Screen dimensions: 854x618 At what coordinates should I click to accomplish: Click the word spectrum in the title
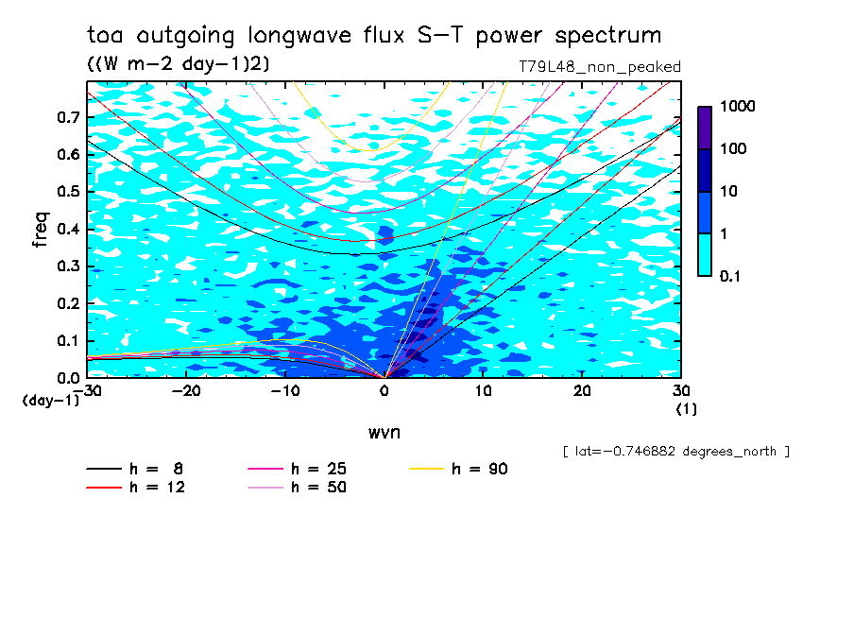tap(607, 36)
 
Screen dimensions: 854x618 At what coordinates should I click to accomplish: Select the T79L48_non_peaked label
tap(600, 67)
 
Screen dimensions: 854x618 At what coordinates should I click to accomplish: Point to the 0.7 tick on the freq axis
tap(69, 117)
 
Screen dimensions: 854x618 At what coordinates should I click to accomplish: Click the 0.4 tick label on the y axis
tap(69, 229)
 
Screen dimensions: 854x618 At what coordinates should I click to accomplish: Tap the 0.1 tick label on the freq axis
tap(69, 340)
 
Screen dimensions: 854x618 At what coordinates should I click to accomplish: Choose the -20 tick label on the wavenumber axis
tap(186, 391)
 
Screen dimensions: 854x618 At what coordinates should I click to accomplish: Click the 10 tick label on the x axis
tap(483, 391)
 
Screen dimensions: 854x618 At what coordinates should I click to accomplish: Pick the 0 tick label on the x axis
tap(384, 391)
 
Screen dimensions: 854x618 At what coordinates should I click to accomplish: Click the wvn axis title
tap(384, 433)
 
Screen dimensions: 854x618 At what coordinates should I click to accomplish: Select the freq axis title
tap(41, 230)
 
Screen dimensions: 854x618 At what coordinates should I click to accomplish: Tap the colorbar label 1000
tap(738, 106)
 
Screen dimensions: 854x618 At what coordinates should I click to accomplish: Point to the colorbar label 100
tap(733, 148)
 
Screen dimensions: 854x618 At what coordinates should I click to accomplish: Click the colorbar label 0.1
tap(730, 276)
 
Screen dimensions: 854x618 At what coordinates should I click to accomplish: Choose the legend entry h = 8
tap(134, 469)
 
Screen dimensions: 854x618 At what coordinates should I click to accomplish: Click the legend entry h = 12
tap(136, 487)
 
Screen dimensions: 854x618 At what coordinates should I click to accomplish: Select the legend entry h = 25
tap(298, 469)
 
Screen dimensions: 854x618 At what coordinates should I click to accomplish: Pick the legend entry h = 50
tap(298, 487)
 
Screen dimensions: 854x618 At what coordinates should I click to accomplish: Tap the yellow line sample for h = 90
tap(426, 469)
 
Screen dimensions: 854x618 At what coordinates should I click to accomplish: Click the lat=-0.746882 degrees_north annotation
tap(675, 452)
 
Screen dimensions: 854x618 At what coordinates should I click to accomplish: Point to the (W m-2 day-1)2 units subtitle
tap(179, 63)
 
